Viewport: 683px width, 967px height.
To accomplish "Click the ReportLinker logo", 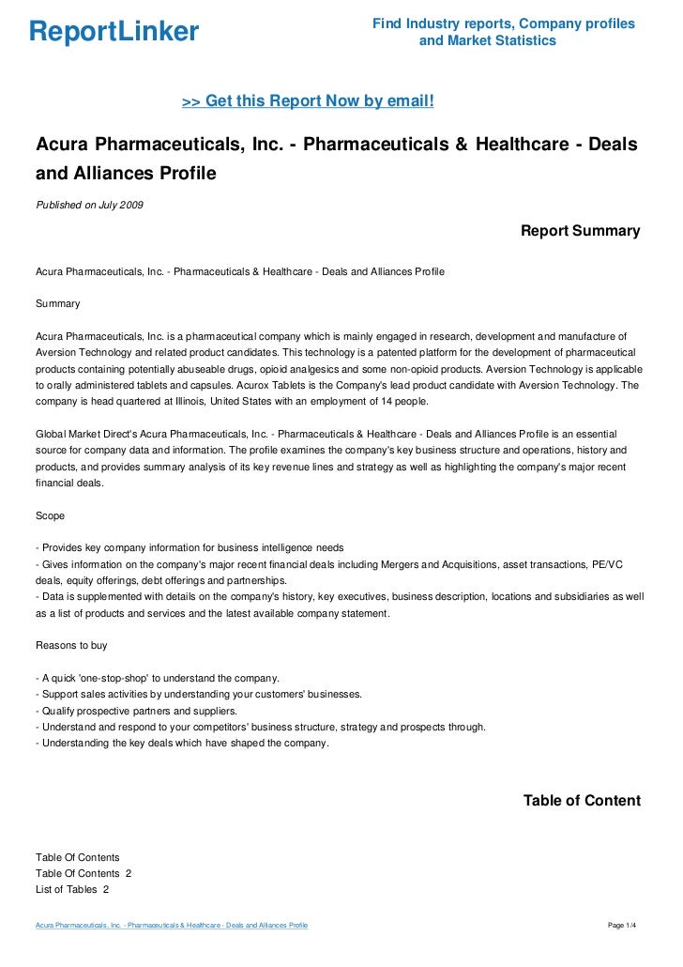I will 114,32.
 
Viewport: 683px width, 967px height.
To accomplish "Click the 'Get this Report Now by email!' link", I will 308,100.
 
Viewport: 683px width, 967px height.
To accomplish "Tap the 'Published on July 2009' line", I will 89,205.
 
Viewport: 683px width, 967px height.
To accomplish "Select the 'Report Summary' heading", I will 580,231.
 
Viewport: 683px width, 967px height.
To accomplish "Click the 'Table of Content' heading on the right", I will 582,801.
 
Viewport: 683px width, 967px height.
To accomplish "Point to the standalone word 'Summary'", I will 57,304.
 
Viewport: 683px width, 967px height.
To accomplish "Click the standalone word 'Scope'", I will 51,515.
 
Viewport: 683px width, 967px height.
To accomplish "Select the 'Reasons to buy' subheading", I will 71,646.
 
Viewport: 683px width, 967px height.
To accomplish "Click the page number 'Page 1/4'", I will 622,927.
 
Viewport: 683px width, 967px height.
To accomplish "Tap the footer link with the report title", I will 172,927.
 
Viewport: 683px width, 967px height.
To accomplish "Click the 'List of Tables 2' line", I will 72,889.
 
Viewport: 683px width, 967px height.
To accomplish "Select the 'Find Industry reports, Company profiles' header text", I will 503,23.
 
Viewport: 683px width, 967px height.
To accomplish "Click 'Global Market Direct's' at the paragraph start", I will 91,434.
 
